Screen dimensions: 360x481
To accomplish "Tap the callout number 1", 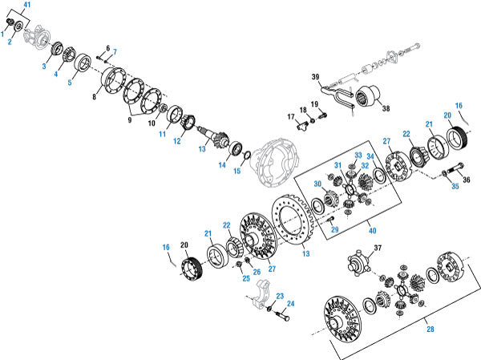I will (4, 33).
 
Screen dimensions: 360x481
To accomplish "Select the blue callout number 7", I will (114, 53).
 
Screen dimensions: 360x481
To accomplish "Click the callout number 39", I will (315, 77).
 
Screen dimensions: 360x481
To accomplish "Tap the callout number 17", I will (291, 117).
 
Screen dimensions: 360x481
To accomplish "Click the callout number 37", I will (379, 249).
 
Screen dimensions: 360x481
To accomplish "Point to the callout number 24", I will (290, 304).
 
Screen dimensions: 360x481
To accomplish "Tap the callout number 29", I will (335, 230).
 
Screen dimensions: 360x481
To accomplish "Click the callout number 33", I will (358, 155).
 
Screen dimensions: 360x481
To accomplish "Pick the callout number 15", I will (236, 171).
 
